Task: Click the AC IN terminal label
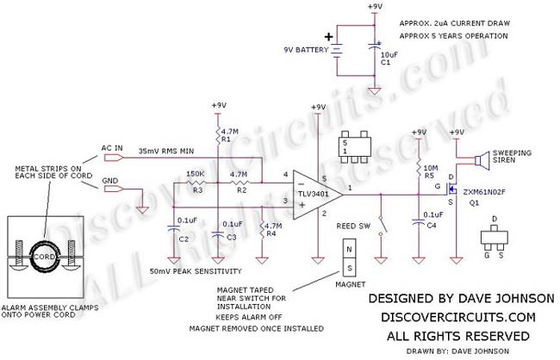click(x=114, y=147)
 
